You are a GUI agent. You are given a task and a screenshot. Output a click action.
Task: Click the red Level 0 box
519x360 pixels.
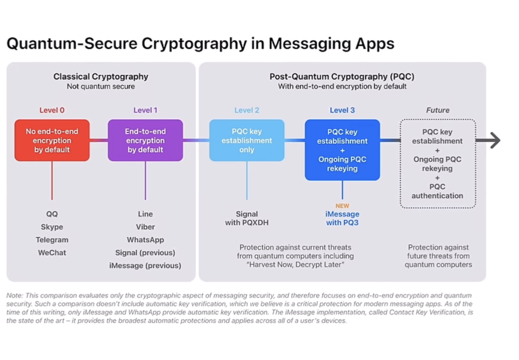pos(52,140)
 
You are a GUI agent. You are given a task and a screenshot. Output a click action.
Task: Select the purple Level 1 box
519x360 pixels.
pos(145,140)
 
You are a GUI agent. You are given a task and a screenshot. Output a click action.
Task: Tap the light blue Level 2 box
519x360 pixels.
pos(247,140)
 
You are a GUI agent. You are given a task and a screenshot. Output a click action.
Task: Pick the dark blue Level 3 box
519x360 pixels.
pos(342,150)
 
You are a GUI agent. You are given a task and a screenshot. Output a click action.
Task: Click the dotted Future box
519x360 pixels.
pos(438,163)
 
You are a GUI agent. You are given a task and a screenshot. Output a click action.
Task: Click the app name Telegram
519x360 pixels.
pos(52,240)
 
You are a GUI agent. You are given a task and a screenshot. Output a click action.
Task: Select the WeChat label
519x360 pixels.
pos(52,253)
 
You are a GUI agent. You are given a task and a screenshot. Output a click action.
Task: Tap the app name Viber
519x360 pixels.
pos(145,227)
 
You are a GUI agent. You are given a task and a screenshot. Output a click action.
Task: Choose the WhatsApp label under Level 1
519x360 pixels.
pos(145,240)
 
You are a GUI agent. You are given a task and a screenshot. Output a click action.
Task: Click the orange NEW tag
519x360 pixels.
pos(342,206)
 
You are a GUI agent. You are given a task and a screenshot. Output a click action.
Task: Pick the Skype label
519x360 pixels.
pos(52,227)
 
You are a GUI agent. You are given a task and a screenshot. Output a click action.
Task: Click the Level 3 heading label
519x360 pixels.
pos(342,110)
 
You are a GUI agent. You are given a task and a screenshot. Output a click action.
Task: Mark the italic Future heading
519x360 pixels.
pos(438,110)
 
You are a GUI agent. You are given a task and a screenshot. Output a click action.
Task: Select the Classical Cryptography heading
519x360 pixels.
pos(101,77)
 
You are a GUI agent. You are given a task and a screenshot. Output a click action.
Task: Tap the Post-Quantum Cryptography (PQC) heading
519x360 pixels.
pos(342,77)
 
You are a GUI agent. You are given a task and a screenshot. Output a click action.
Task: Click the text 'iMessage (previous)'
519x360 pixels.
pos(145,266)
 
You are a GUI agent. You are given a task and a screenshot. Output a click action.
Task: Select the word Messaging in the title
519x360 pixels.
pos(308,44)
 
